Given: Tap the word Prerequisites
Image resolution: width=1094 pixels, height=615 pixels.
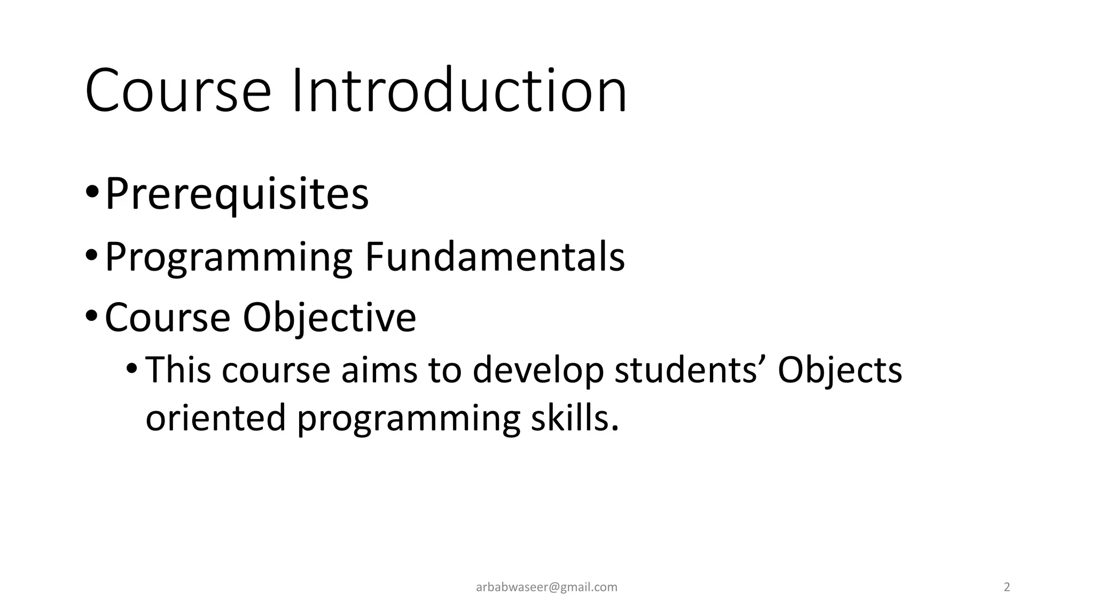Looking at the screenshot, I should (x=237, y=194).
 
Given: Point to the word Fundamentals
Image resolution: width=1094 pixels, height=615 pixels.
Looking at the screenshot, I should (x=495, y=257).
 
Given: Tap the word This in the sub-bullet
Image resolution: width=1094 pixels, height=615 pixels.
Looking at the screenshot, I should (x=178, y=369).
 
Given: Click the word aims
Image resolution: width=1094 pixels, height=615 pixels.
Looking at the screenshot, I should (x=379, y=369).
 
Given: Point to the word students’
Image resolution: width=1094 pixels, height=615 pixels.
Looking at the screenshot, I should (x=690, y=369).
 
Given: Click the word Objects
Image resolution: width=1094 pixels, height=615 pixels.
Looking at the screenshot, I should (x=840, y=370).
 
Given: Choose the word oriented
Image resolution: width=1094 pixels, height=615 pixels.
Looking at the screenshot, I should (x=215, y=417).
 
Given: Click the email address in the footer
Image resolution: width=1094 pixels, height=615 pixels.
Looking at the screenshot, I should (x=546, y=587).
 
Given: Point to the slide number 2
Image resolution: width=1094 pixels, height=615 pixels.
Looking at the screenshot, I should (x=1007, y=587).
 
